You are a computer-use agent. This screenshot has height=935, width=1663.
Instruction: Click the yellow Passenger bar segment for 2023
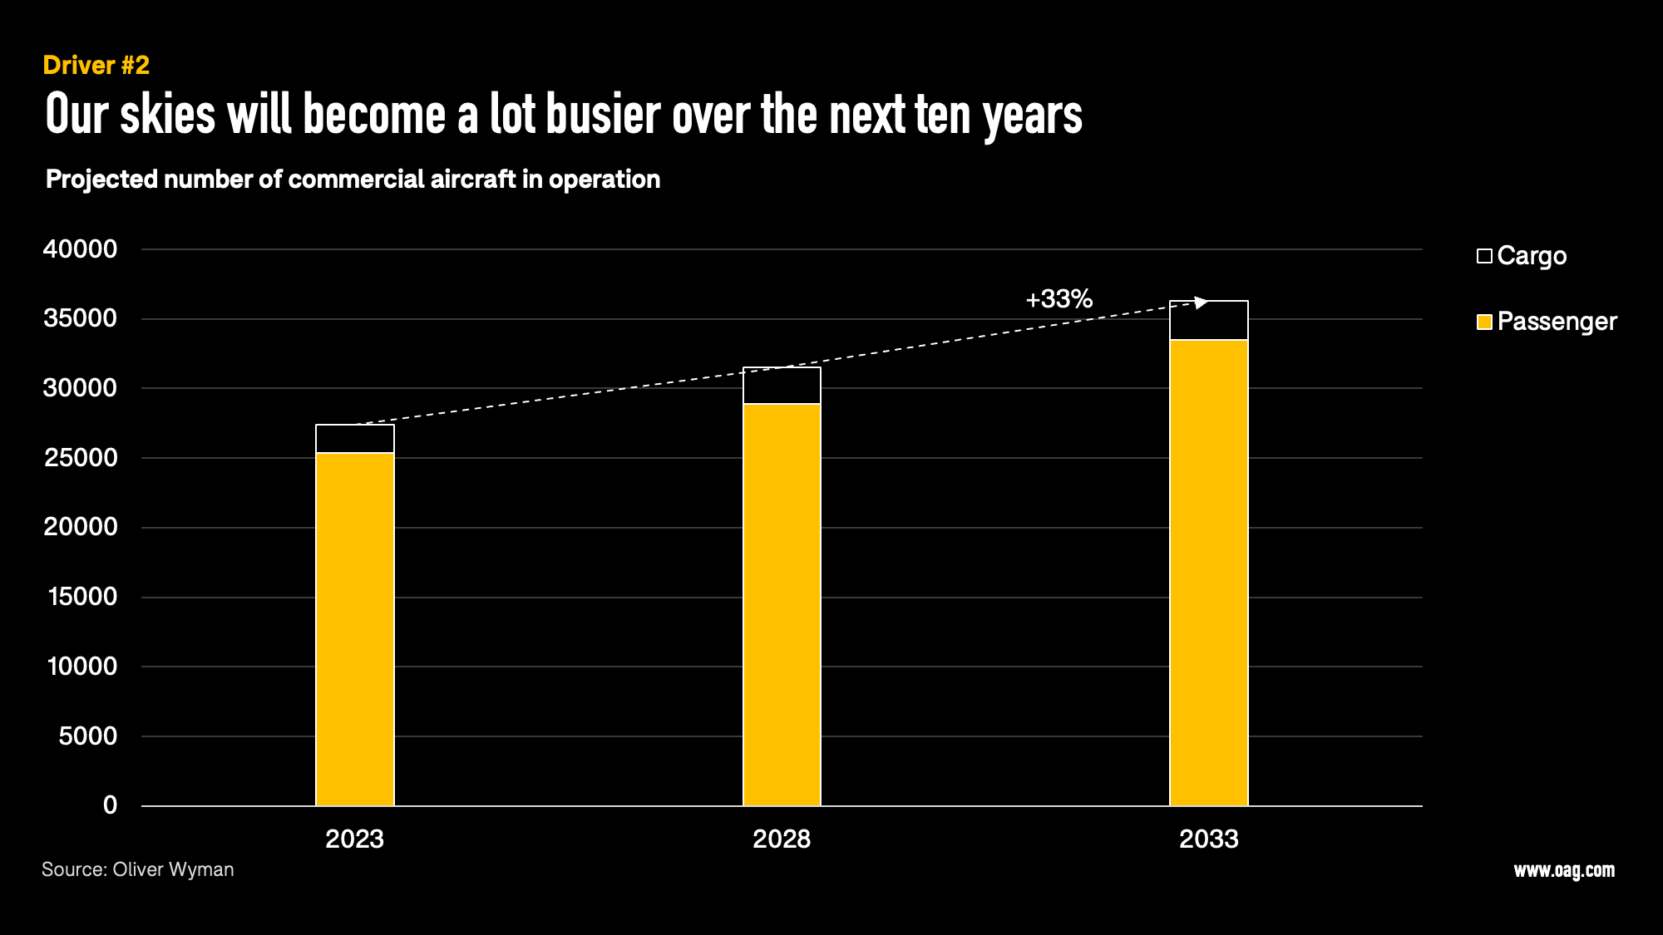point(355,629)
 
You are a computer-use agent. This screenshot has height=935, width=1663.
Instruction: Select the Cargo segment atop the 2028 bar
point(782,386)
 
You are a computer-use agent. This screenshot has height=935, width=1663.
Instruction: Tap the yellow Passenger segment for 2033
point(1209,573)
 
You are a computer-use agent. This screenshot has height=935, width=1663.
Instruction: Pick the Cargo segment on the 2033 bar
point(1209,321)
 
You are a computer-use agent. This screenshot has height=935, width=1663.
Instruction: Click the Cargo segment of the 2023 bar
point(355,439)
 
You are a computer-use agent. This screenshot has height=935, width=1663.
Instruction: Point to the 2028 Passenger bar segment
point(782,604)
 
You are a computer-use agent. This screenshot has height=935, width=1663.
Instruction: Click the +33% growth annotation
point(1058,299)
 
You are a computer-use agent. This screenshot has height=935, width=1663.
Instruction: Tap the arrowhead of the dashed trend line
point(1201,303)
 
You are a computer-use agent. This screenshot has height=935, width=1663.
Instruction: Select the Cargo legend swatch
point(1484,256)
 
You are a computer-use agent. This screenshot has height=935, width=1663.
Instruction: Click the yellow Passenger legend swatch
point(1484,322)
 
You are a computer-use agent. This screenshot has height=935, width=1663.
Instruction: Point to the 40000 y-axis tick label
point(80,249)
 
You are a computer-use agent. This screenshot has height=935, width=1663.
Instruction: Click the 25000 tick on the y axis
point(80,458)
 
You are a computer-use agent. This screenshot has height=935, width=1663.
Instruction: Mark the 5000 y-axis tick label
point(87,736)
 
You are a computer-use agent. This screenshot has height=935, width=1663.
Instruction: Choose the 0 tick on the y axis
point(110,805)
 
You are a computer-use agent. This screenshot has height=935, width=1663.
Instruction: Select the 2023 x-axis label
point(355,839)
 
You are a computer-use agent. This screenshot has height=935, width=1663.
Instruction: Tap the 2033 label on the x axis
point(1209,839)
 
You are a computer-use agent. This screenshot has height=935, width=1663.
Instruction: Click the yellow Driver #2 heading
point(96,66)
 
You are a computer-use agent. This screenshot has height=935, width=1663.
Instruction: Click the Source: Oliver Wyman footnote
point(138,869)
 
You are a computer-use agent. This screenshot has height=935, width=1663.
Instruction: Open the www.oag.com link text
point(1564,870)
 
